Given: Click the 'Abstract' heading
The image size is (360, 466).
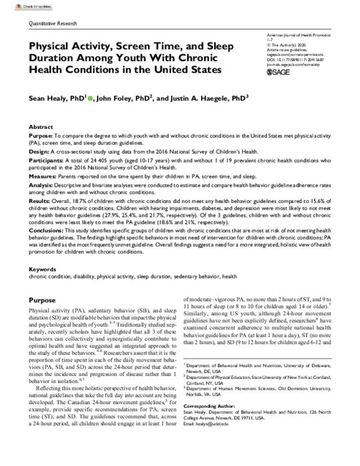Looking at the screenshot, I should pyautogui.click(x=41, y=129).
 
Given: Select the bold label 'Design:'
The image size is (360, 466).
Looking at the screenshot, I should pyautogui.click(x=40, y=153).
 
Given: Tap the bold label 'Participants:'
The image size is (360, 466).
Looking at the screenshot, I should pyautogui.click(x=47, y=161).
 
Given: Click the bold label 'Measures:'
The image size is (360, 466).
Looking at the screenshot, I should pyautogui.click(x=44, y=177).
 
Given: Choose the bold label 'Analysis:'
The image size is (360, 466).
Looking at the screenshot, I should pyautogui.click(x=43, y=186).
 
